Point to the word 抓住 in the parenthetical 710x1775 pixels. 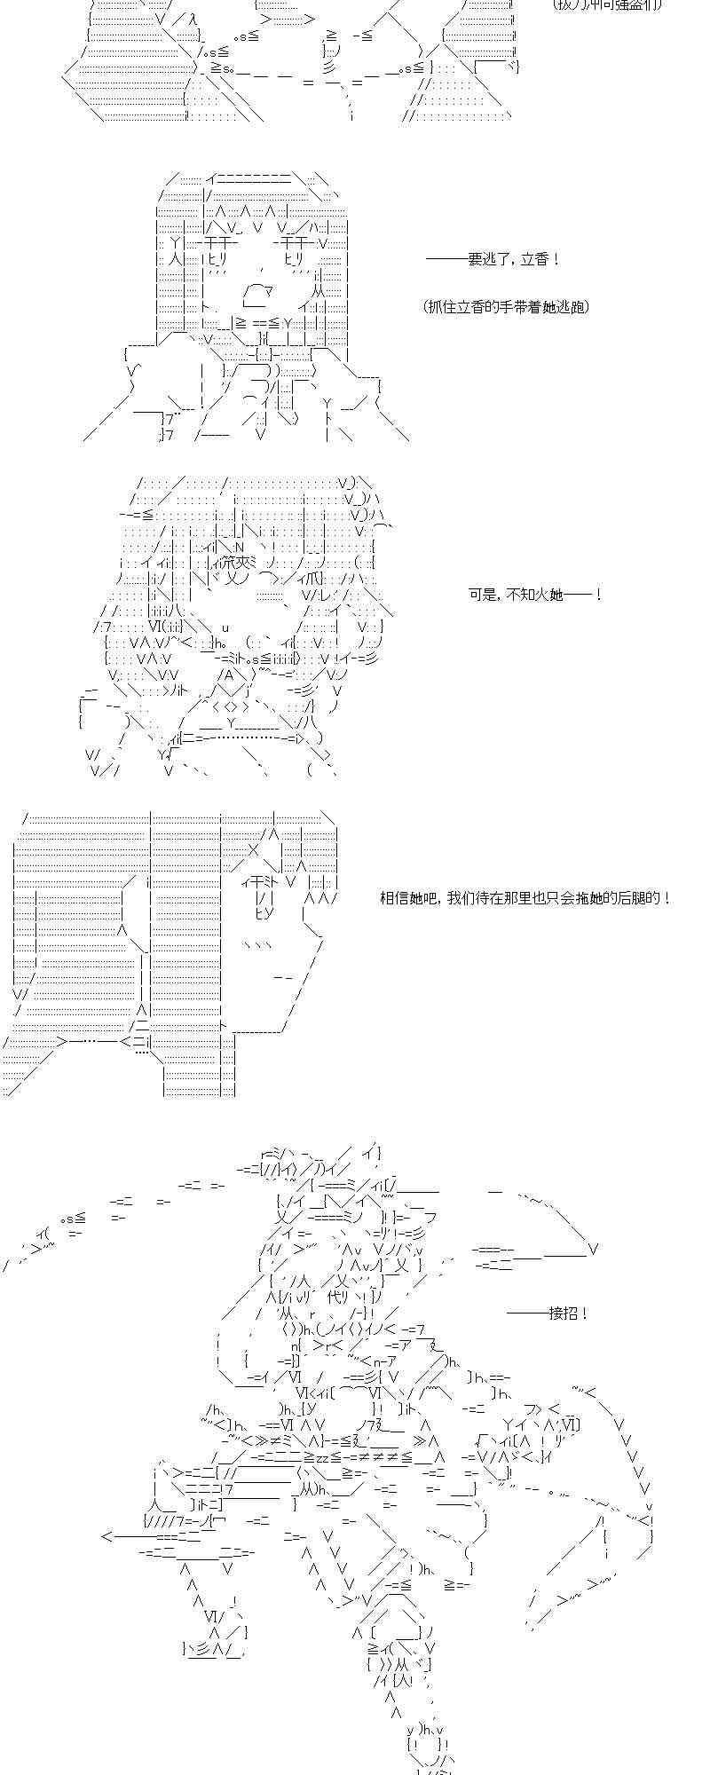(x=445, y=307)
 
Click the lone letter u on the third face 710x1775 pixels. (x=225, y=627)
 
